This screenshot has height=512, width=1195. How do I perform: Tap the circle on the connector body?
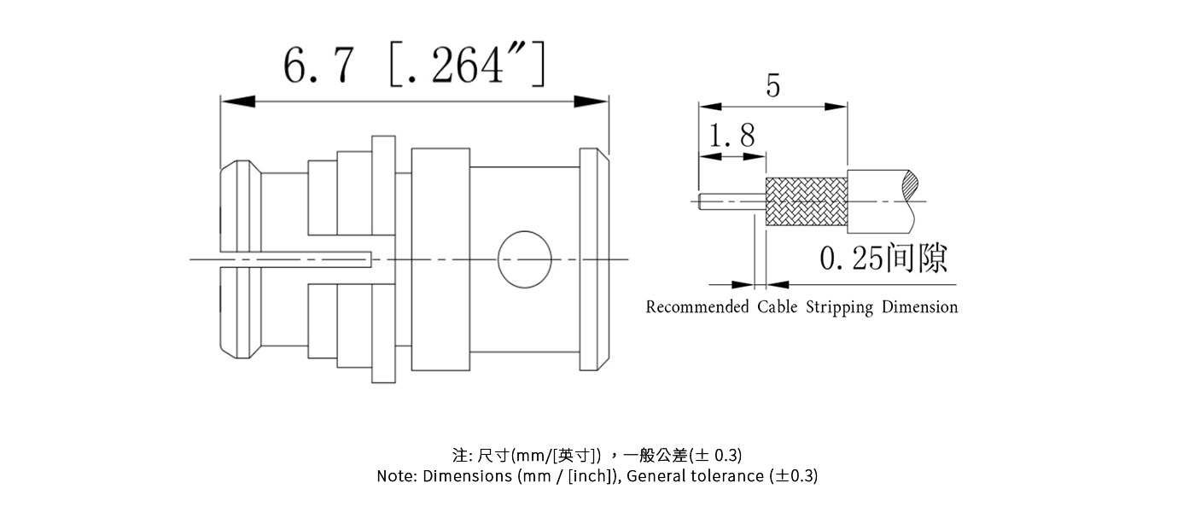(524, 258)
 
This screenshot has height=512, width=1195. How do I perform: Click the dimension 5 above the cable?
(772, 86)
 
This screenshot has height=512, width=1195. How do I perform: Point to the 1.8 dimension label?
(731, 136)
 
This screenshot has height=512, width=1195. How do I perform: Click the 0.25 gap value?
(851, 259)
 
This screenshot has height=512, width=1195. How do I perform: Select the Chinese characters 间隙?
(917, 258)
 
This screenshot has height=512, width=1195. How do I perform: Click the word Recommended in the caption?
(697, 307)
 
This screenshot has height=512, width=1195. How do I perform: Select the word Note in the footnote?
(395, 476)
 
